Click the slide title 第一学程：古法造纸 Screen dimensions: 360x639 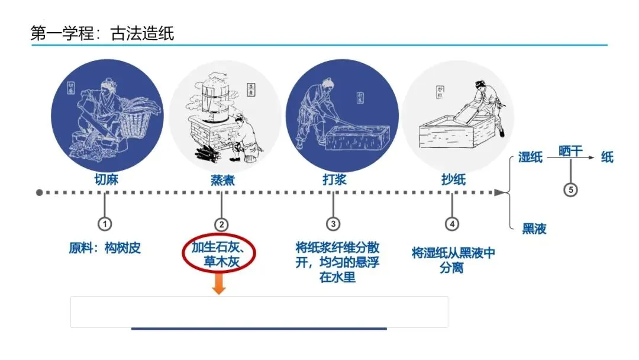coord(102,33)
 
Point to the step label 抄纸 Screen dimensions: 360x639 coord(453,179)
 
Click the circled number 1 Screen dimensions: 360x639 coord(105,224)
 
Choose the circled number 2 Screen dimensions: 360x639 coord(221,224)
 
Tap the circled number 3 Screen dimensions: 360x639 coord(333,224)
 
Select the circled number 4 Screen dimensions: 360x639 coord(452,224)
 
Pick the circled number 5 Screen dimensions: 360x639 coord(570,190)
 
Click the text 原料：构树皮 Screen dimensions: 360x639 coord(105,248)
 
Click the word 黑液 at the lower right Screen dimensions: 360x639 coord(534,229)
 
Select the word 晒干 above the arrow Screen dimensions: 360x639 coord(570,151)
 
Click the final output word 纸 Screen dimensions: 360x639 coord(607,157)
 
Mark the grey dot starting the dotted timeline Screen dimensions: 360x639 coord(40,192)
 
